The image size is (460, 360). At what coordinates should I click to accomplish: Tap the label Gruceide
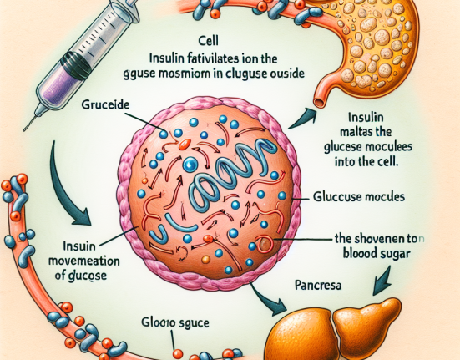(x=108, y=108)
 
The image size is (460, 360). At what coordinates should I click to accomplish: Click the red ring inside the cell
(x=263, y=244)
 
